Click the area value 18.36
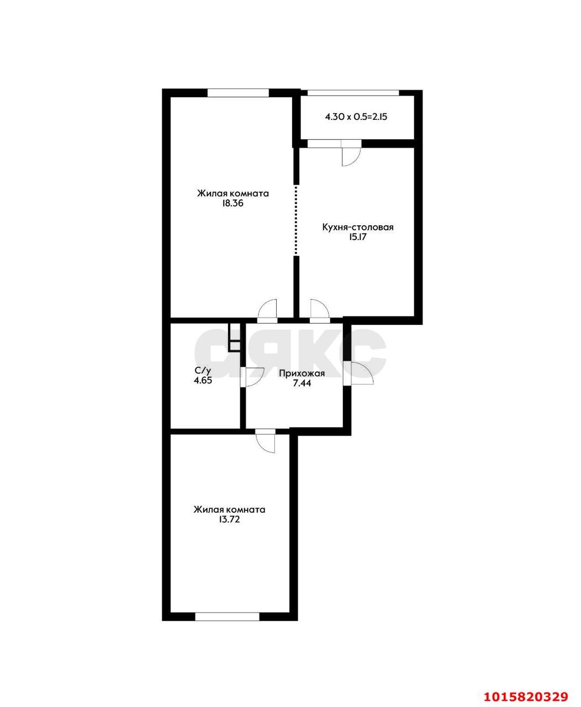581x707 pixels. (x=233, y=203)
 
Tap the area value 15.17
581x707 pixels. (x=357, y=237)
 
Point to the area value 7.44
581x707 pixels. (x=302, y=383)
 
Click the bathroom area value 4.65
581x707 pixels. (x=203, y=380)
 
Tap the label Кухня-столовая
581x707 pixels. (x=357, y=227)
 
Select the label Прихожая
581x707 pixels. (x=302, y=373)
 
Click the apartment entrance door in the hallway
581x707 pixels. (x=358, y=373)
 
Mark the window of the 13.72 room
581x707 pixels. (x=227, y=616)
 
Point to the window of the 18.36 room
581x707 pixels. (x=238, y=93)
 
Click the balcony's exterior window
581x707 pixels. (x=353, y=93)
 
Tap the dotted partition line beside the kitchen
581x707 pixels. (x=296, y=220)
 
